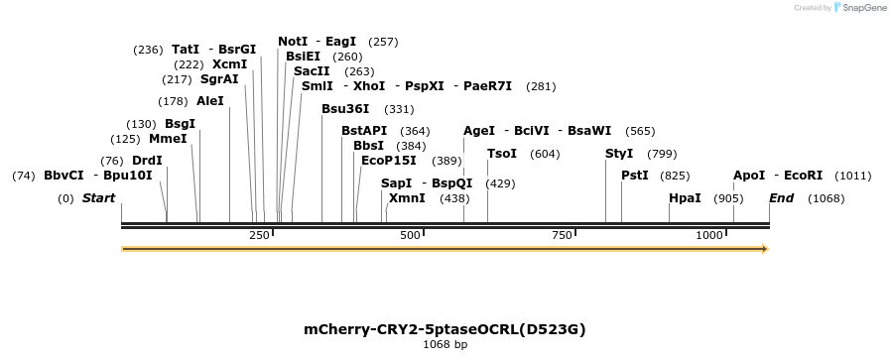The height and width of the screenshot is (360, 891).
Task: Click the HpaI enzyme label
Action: pos(685,198)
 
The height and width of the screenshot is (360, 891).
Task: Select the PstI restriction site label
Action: pos(634,176)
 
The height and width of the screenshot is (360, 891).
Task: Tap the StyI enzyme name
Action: pos(618,154)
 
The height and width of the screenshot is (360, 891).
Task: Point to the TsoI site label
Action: pos(502,154)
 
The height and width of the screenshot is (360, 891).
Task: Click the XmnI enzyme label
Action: pos(407,198)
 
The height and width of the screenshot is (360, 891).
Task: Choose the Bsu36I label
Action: pos(345,109)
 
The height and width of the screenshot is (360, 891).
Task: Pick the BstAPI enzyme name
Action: pos(364,131)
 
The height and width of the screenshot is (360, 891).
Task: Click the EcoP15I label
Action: pos(389,160)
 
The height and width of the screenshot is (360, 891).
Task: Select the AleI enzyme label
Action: pos(210,101)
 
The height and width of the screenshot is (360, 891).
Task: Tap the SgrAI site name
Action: pos(219,79)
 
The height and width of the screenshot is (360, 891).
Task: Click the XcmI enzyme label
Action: pos(229,64)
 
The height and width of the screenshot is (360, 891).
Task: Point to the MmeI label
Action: pos(168,139)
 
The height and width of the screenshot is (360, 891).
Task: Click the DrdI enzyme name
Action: pos(147,161)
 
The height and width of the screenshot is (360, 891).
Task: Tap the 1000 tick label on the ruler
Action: pos(709,235)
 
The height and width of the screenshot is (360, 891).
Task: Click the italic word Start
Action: pos(98,198)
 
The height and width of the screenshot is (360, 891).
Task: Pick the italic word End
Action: pos(781,198)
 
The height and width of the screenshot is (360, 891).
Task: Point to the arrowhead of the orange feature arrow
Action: pos(765,249)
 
